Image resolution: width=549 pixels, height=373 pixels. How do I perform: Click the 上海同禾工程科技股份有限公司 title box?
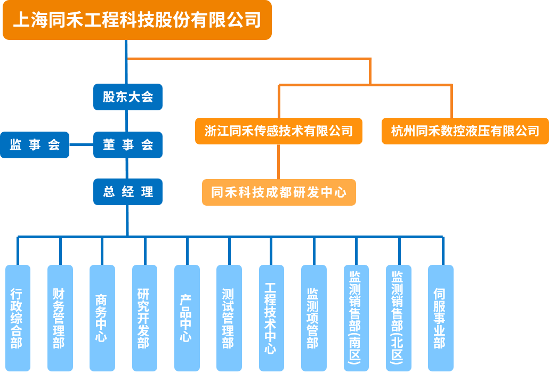point(137,20)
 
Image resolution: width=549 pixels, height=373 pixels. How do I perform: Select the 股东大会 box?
point(128,97)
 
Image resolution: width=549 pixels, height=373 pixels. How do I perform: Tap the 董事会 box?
point(128,145)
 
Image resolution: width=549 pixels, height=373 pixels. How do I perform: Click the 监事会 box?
point(35,145)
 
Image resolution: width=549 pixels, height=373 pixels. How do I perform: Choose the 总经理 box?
point(128,192)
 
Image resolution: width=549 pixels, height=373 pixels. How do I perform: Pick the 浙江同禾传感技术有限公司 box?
point(278,131)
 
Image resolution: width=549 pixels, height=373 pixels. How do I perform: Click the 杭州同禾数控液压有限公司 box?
point(465,131)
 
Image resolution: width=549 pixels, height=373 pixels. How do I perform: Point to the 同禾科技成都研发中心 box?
point(279,192)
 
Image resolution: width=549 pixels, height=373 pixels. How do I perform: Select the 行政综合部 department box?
point(18,318)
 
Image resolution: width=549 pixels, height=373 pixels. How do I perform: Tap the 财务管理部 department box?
point(60,318)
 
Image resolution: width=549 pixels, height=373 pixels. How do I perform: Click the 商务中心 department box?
point(102,318)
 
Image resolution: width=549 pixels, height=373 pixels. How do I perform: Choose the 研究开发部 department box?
point(144,318)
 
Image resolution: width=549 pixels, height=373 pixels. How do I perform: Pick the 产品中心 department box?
point(187,318)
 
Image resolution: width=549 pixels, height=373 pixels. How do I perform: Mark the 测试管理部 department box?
point(229,318)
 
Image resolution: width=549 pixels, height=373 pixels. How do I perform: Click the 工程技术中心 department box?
point(271,318)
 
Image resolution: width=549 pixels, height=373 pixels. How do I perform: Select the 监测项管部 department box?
point(313,318)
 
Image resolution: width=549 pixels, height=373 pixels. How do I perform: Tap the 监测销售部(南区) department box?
point(356,318)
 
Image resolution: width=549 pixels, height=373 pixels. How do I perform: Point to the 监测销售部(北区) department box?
point(398,318)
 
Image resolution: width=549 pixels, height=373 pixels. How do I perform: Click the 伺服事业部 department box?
point(440,318)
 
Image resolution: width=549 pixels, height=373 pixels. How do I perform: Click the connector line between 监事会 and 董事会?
point(81,145)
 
